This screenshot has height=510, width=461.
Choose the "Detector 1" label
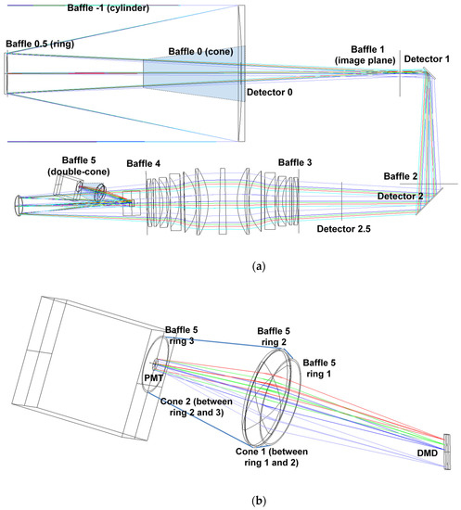(x=431, y=59)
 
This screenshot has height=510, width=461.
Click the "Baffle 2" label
(x=401, y=176)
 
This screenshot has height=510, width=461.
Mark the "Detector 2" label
(x=401, y=196)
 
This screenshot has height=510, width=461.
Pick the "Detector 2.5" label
(x=345, y=227)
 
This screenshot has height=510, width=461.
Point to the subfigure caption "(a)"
(x=233, y=266)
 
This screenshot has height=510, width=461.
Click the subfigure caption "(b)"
(x=233, y=500)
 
